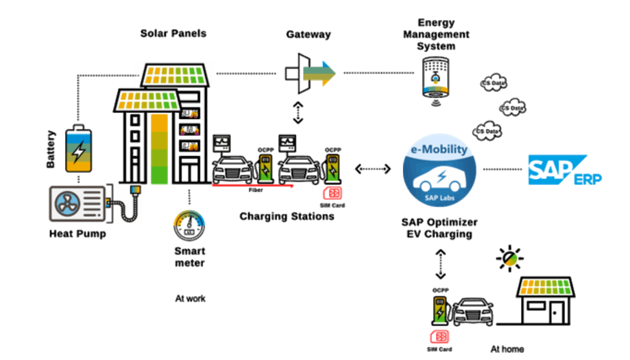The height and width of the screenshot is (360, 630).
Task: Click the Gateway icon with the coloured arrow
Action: pyautogui.click(x=310, y=73)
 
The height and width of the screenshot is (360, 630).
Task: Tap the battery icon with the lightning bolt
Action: pyautogui.click(x=79, y=149)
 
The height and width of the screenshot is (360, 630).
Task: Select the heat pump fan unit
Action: pyautogui.click(x=77, y=204)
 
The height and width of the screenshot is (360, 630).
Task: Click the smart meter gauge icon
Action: pyautogui.click(x=189, y=226)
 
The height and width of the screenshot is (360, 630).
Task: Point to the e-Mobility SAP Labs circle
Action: pyautogui.click(x=439, y=170)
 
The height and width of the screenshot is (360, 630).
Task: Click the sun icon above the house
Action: pyautogui.click(x=510, y=258)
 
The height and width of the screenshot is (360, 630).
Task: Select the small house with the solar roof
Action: pyautogui.click(x=546, y=301)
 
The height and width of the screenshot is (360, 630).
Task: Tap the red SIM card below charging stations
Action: pyautogui.click(x=333, y=193)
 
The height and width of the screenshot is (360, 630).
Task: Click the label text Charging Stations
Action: pyautogui.click(x=287, y=216)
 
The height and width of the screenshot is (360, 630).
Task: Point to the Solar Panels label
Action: pyautogui.click(x=173, y=33)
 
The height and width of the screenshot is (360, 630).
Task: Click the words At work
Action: pyautogui.click(x=190, y=299)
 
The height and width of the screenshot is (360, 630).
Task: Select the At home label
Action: pyautogui.click(x=507, y=349)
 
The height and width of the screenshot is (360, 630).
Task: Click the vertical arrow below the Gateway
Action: pyautogui.click(x=298, y=113)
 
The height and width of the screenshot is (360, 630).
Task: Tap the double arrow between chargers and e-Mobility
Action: pyautogui.click(x=373, y=169)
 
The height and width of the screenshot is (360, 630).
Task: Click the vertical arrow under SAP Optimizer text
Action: pyautogui.click(x=440, y=264)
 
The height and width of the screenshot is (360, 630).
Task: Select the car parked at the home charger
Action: pyautogui.click(x=472, y=312)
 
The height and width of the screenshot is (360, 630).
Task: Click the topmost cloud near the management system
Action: pyautogui.click(x=493, y=83)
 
